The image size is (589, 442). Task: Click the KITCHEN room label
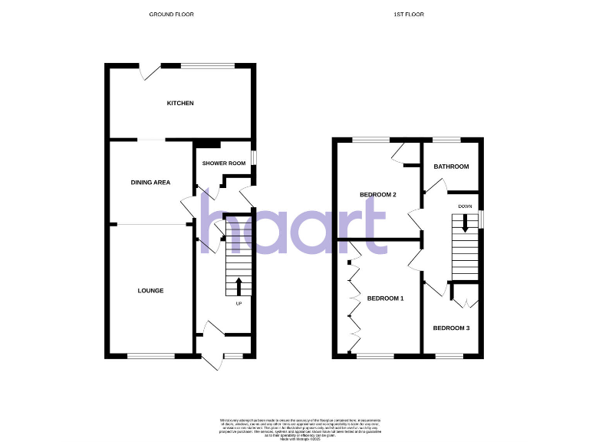click(x=181, y=104)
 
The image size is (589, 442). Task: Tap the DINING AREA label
click(x=150, y=183)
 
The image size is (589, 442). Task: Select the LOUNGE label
click(x=150, y=291)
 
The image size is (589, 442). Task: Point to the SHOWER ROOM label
click(x=223, y=163)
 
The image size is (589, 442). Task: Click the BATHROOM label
click(x=451, y=167)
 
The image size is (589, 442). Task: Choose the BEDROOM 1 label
click(x=385, y=298)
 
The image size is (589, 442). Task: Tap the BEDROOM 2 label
click(x=378, y=195)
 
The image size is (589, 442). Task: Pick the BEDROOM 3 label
click(x=451, y=328)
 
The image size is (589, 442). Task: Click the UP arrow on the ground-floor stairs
click(x=238, y=287)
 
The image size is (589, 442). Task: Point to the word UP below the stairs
click(x=239, y=303)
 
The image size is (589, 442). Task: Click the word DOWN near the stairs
click(x=465, y=207)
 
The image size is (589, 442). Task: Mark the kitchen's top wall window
click(x=207, y=66)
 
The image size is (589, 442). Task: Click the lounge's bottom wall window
click(x=150, y=355)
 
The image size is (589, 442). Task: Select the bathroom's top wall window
click(x=446, y=139)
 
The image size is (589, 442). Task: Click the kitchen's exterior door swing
click(x=149, y=72)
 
